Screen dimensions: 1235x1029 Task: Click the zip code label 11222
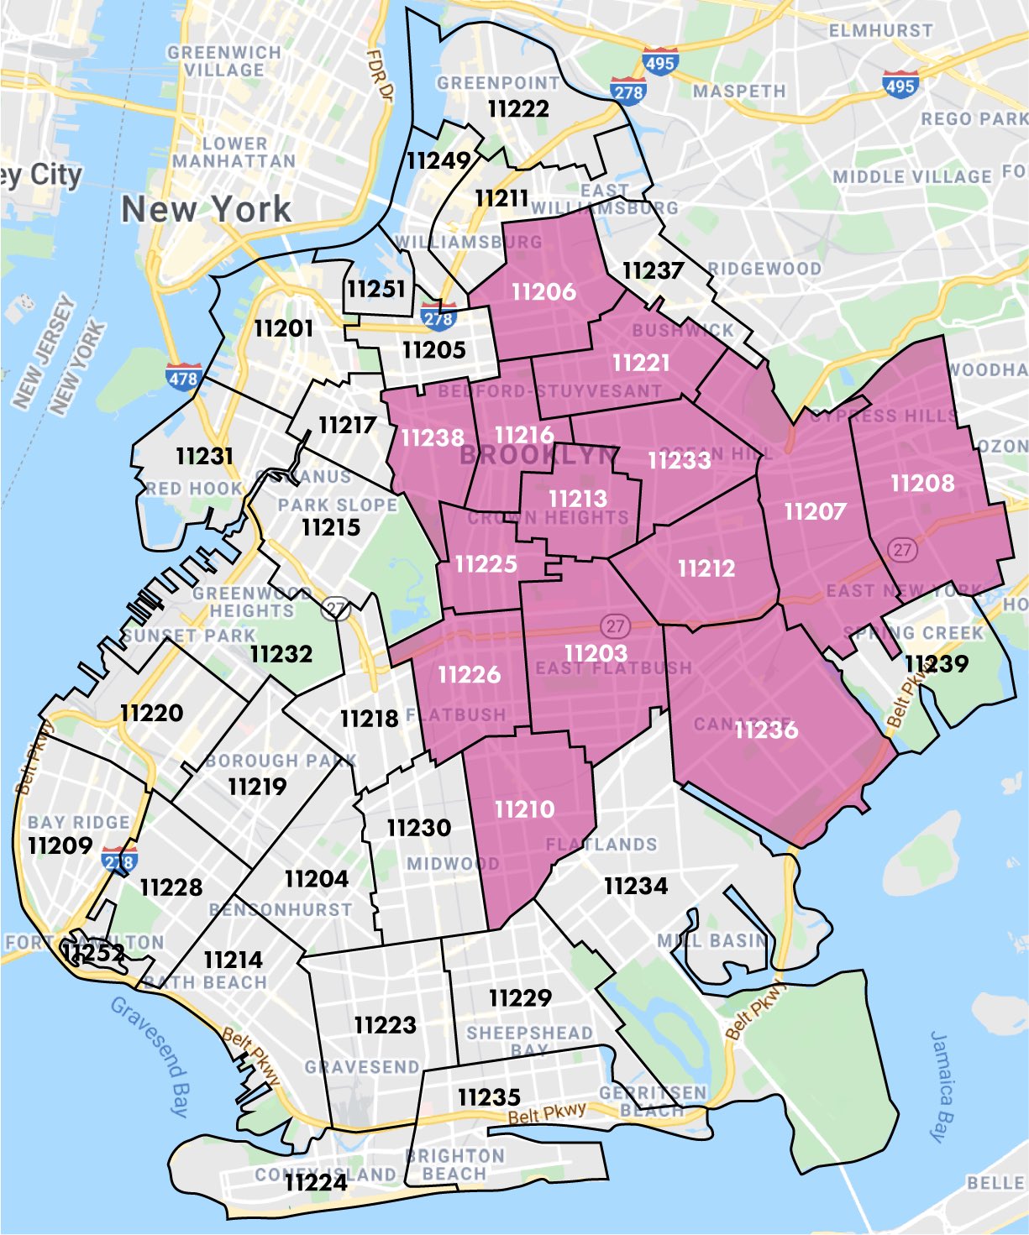[x=518, y=109]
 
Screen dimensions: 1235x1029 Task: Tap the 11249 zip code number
[x=438, y=160]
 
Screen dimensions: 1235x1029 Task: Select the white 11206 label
[x=543, y=292]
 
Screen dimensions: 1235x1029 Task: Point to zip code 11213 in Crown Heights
[x=577, y=499]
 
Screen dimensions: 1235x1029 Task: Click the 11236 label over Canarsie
[x=766, y=730]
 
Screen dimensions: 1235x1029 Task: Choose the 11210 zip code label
[x=524, y=809]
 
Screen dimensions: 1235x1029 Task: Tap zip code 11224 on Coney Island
[x=316, y=1183]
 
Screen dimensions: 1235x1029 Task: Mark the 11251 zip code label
[x=376, y=290]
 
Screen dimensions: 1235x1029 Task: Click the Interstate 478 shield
[x=183, y=378]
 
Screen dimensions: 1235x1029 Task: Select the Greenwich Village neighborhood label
[x=223, y=61]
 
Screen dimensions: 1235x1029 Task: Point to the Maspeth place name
[x=739, y=91]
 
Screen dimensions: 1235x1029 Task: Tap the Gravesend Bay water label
[x=150, y=1055]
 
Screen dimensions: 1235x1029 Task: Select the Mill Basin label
[x=711, y=941]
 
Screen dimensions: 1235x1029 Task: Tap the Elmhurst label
[x=880, y=31]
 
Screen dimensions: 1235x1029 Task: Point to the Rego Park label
[x=974, y=119]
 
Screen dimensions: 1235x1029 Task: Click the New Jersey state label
[x=44, y=353]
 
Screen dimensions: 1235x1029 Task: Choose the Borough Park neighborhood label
[x=281, y=761]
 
